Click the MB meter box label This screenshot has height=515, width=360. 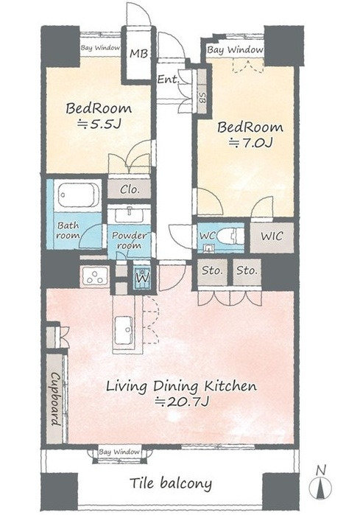click(x=138, y=53)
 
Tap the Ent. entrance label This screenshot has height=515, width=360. click(x=168, y=79)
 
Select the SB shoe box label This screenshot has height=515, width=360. click(x=202, y=97)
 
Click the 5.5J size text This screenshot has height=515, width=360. click(x=99, y=125)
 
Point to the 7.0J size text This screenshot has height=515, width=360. click(x=251, y=143)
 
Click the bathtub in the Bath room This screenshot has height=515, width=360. click(x=79, y=195)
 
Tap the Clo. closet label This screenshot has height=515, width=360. click(x=130, y=189)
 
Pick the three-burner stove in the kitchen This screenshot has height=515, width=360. click(x=95, y=276)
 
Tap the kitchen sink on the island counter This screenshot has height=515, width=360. click(x=124, y=330)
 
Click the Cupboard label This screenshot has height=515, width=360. click(x=55, y=399)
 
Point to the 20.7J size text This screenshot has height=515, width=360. click(x=182, y=402)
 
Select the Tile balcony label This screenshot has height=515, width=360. click(x=171, y=483)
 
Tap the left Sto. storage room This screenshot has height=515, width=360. click(x=212, y=272)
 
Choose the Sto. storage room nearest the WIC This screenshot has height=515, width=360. click(x=247, y=272)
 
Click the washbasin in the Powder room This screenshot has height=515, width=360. click(x=129, y=215)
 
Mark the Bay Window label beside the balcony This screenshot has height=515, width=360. click(x=119, y=452)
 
